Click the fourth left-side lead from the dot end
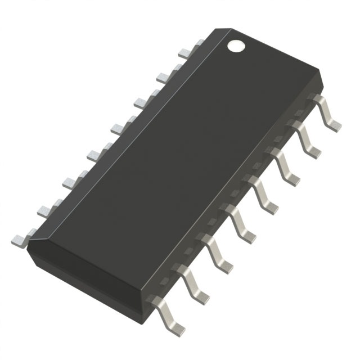(x=118, y=128)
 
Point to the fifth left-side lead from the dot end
(x=94, y=154)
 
